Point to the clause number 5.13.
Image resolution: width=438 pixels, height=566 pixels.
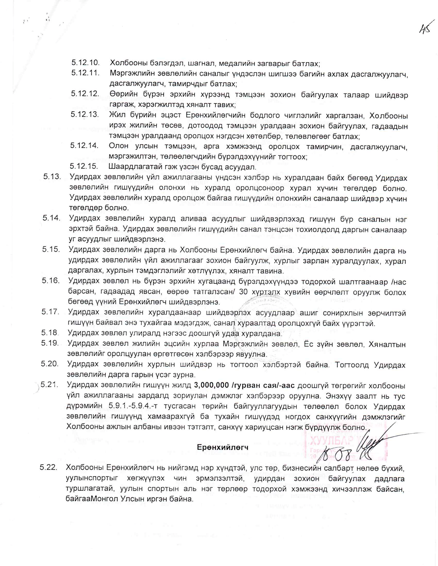52,177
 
